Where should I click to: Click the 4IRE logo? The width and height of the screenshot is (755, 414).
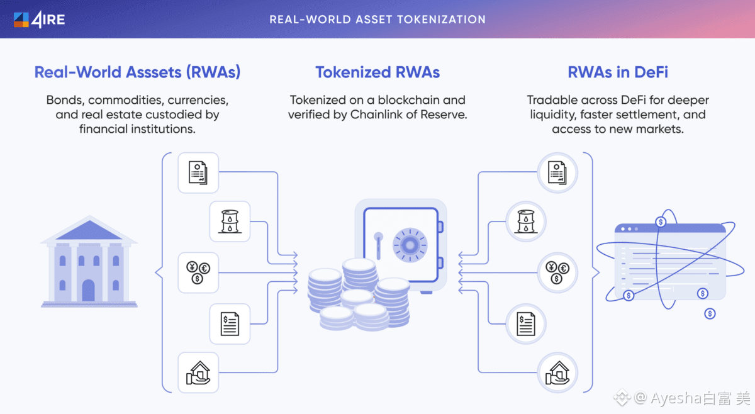39,20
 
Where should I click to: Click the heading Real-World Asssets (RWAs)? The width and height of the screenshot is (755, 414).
137,72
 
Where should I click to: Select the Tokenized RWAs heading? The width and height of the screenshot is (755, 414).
377,72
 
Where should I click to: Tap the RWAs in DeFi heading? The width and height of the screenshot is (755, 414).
618,72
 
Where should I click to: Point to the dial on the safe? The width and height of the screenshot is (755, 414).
410,245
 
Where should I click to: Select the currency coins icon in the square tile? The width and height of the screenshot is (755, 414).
198,272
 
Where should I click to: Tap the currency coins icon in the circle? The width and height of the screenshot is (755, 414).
557,272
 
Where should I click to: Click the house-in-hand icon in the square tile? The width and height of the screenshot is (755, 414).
198,373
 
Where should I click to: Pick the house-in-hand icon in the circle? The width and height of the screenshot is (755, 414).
557,373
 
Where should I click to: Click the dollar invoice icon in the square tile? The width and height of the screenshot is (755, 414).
230,323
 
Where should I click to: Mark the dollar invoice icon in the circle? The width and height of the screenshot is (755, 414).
526,323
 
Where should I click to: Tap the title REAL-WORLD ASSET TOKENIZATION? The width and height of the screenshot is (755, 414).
377,20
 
